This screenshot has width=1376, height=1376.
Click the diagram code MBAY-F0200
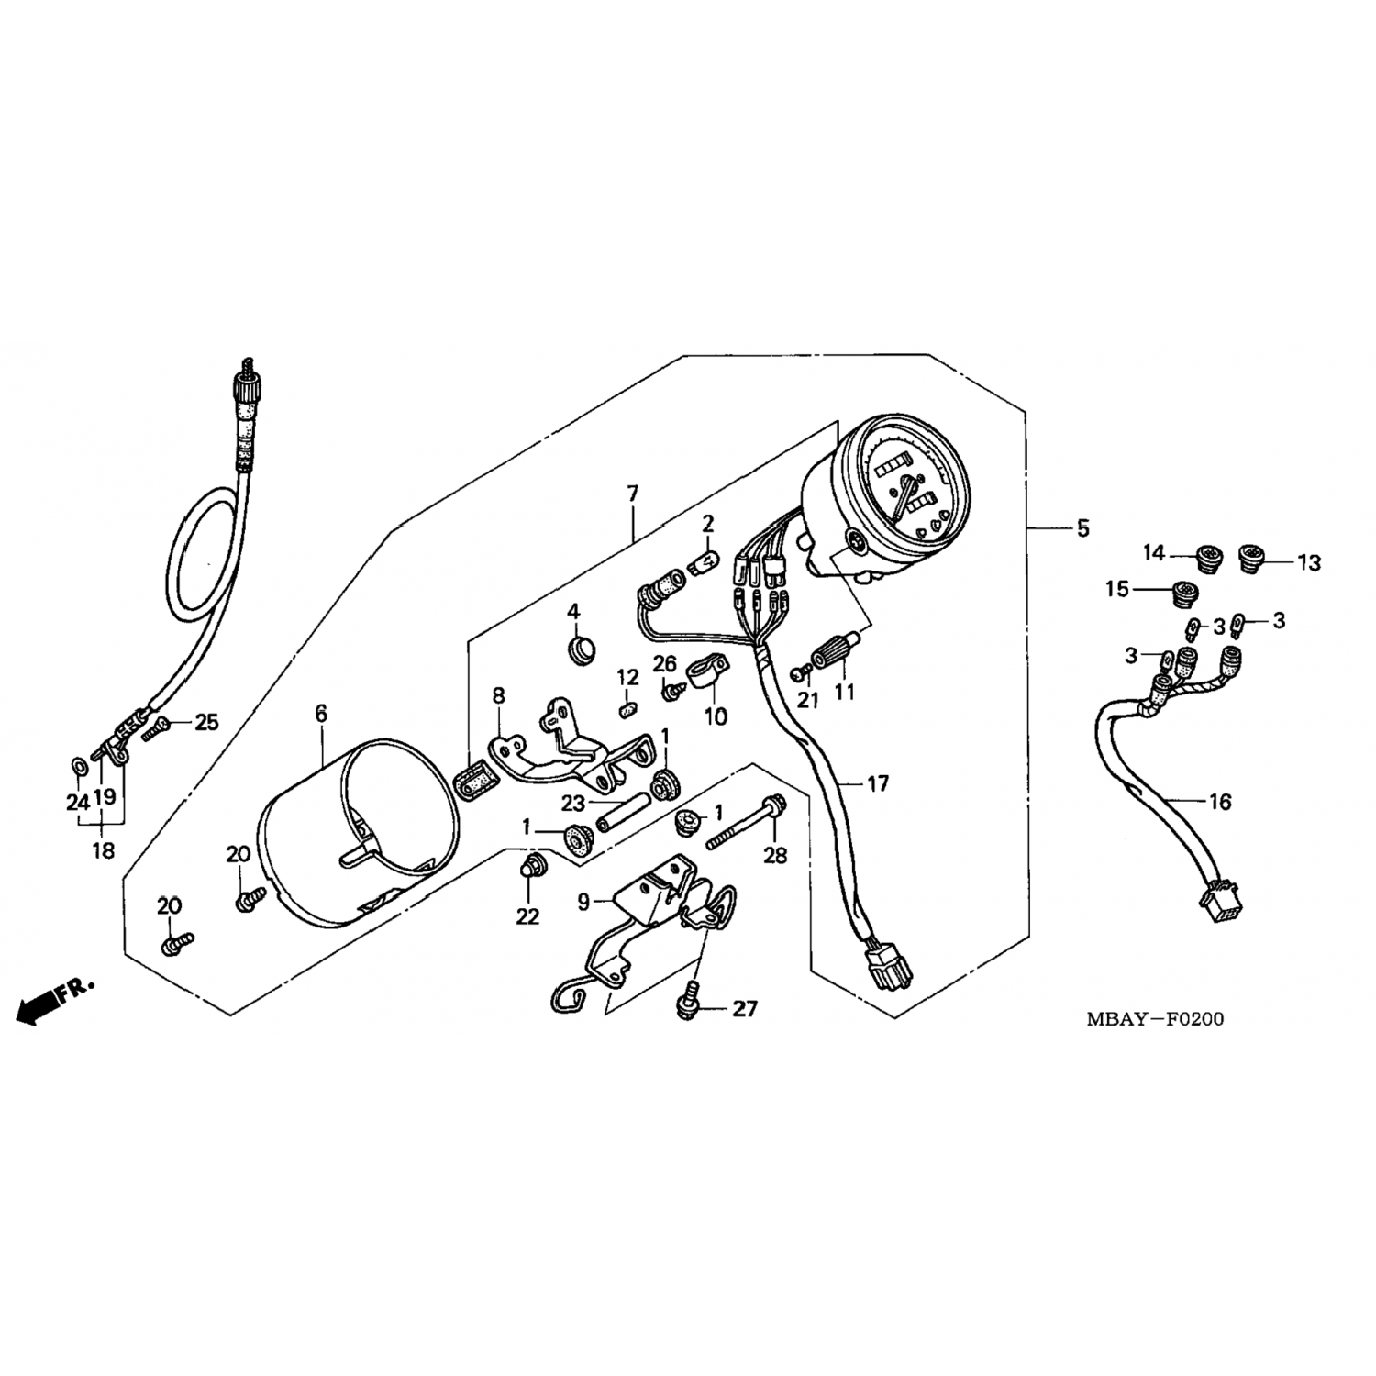click(1155, 1019)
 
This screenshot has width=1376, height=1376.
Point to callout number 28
click(776, 856)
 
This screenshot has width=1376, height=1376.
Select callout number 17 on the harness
click(877, 784)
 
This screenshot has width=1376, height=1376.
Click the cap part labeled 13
click(1251, 556)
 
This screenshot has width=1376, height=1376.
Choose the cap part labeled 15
click(1188, 594)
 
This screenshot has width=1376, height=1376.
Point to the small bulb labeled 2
click(709, 559)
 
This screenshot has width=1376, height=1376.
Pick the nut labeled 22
click(530, 864)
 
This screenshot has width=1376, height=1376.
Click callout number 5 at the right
click(1082, 529)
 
